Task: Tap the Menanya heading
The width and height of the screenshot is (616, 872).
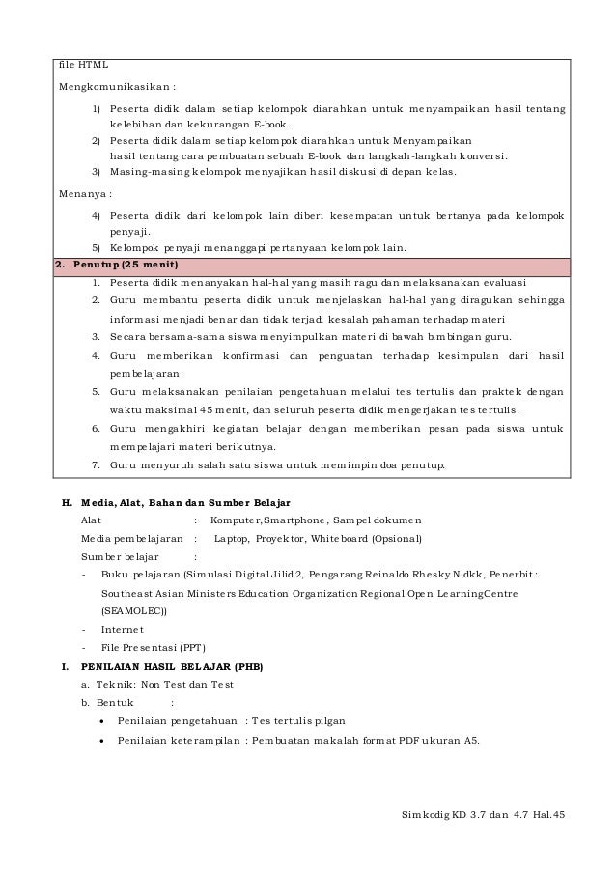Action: (85, 193)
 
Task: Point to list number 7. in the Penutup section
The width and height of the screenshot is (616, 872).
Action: (97, 464)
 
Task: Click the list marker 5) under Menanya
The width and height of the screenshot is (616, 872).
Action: (97, 248)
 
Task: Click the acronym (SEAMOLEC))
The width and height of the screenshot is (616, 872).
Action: (133, 610)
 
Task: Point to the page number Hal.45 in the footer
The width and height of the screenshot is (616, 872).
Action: (547, 813)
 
